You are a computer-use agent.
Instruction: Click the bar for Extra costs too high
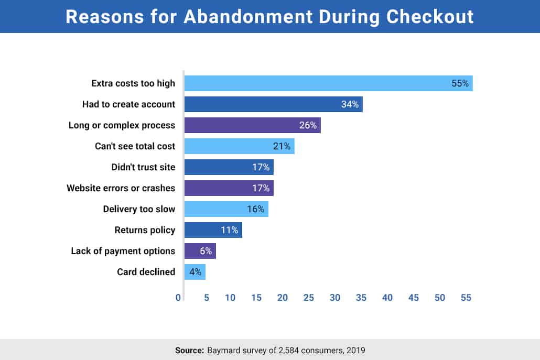(329, 83)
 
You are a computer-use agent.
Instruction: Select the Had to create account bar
(274, 104)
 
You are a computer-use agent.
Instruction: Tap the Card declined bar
(195, 272)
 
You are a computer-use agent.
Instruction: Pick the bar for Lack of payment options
(200, 251)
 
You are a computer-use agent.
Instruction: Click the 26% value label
(308, 125)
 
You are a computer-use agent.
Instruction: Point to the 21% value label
(282, 146)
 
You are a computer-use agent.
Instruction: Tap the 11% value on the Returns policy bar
(229, 230)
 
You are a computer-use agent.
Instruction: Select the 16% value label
(255, 209)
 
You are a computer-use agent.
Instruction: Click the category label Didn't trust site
(143, 167)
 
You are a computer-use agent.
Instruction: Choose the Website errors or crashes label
(121, 188)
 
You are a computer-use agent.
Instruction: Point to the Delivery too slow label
(139, 209)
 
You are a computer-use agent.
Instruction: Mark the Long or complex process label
(122, 125)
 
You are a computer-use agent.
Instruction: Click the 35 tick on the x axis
(361, 298)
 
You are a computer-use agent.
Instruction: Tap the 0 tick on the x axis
(178, 298)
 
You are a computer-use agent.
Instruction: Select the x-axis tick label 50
(440, 298)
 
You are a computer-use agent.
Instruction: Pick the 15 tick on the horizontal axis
(256, 298)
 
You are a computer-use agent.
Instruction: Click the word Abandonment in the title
(248, 17)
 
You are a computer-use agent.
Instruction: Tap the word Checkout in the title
(430, 17)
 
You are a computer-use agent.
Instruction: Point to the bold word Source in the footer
(189, 351)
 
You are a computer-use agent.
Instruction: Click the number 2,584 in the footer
(288, 351)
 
